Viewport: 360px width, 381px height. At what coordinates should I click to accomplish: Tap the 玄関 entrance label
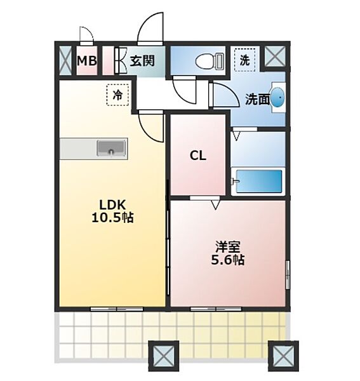(142, 61)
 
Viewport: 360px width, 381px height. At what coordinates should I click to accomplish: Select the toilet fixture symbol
(207, 61)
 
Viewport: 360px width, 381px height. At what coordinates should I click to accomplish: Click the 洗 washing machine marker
(244, 60)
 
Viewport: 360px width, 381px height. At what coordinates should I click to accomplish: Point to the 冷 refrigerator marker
(117, 95)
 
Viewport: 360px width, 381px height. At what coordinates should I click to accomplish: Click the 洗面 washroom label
(257, 98)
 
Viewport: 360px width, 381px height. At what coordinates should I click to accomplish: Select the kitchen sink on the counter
(112, 149)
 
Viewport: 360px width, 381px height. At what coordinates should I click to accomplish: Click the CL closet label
(198, 156)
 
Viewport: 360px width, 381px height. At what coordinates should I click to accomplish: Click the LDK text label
(112, 204)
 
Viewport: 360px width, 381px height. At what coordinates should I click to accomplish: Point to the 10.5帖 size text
(112, 217)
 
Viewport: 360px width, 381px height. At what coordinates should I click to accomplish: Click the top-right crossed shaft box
(275, 57)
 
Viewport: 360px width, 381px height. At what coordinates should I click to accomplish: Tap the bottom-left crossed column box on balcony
(162, 356)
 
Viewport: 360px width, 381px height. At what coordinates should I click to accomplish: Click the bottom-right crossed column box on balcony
(283, 356)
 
